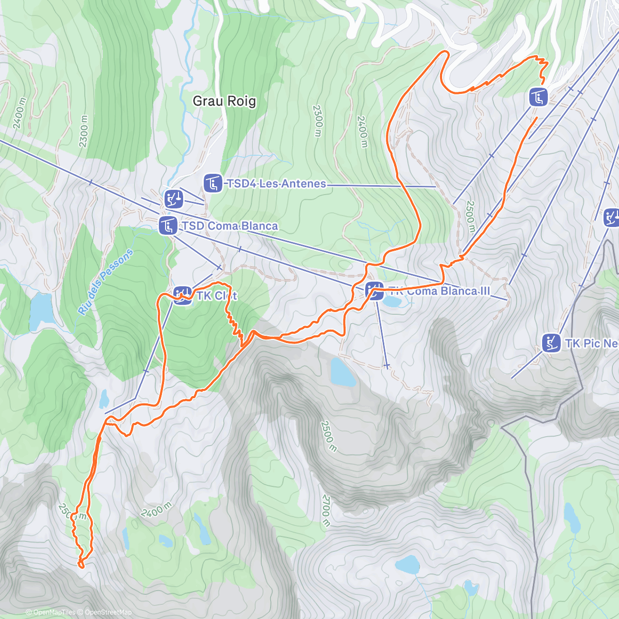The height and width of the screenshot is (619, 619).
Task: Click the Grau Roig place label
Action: point(224,101)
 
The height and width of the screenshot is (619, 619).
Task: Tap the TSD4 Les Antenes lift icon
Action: point(212,183)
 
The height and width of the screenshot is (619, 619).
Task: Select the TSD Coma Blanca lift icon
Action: point(168,226)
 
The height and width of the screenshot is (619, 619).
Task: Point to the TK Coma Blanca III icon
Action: point(374,291)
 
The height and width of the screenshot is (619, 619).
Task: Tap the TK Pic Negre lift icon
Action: point(551,343)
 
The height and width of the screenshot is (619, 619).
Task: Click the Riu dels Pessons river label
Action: point(105,282)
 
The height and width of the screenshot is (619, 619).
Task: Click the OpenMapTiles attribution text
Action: point(54,612)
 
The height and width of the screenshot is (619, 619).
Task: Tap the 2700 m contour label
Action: point(326,511)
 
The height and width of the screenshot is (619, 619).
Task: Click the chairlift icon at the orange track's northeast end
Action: point(538,97)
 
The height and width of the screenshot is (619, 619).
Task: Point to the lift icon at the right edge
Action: point(612,217)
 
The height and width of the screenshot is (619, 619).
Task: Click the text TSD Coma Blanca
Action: point(230,226)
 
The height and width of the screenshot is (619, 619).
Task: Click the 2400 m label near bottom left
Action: point(155,510)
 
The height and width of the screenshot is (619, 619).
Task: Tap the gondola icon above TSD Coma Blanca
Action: point(173,198)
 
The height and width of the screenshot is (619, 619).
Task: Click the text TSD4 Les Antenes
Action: point(276,184)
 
